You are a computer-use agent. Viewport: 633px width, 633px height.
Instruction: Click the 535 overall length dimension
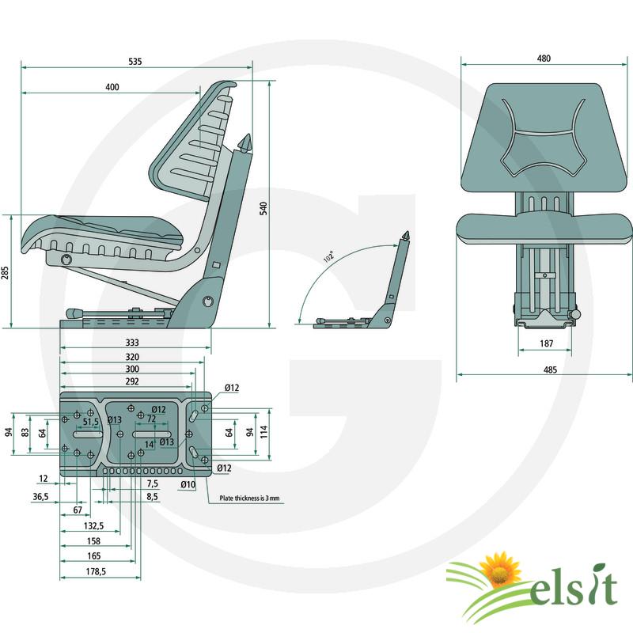click(135, 62)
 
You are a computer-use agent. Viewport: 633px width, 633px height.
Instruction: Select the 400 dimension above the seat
click(112, 87)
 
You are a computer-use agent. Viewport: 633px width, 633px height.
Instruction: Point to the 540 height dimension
click(263, 208)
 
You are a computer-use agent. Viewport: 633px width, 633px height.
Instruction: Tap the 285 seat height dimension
click(5, 273)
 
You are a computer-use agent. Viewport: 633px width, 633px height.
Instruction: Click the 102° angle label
click(329, 256)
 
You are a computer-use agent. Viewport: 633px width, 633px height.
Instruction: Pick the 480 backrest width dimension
click(544, 59)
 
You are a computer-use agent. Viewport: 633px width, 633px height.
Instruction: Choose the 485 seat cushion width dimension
click(550, 370)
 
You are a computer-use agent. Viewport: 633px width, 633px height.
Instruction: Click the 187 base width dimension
click(546, 343)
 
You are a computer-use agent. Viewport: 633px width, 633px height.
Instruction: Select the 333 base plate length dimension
click(132, 343)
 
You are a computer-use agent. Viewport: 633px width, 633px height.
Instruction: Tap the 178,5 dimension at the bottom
click(96, 571)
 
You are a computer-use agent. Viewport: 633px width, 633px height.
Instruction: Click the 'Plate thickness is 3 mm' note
click(249, 498)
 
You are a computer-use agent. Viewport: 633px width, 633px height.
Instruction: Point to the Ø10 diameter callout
click(188, 484)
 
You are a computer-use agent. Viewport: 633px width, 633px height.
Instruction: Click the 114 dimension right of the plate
click(263, 432)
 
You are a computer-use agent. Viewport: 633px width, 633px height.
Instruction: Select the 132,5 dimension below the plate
click(93, 525)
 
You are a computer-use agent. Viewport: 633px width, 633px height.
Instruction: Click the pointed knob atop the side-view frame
click(244, 144)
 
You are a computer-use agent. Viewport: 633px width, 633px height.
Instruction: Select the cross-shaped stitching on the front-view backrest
click(544, 137)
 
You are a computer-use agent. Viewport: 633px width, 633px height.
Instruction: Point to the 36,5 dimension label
click(40, 497)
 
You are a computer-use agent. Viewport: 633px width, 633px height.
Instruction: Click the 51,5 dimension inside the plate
click(91, 422)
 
